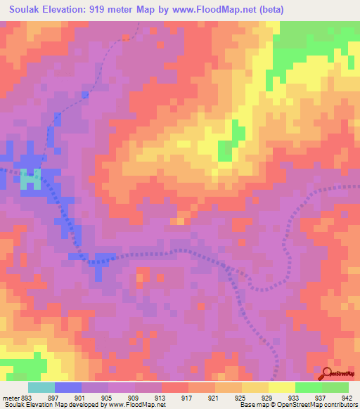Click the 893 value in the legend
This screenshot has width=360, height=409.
25,396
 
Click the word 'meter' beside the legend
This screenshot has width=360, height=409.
9,396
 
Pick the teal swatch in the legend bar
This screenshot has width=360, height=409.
41,387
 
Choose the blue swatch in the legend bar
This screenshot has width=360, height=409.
68,387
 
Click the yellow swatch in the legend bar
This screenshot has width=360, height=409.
282,387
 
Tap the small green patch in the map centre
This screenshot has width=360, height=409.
225,150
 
